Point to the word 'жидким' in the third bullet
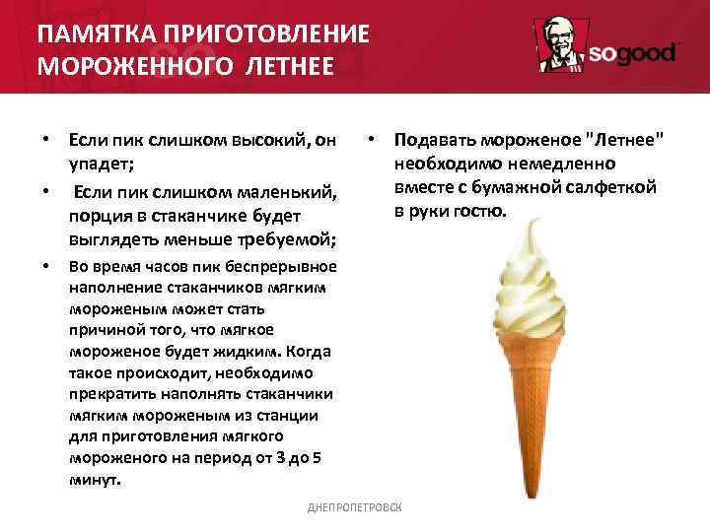click(x=248, y=352)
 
